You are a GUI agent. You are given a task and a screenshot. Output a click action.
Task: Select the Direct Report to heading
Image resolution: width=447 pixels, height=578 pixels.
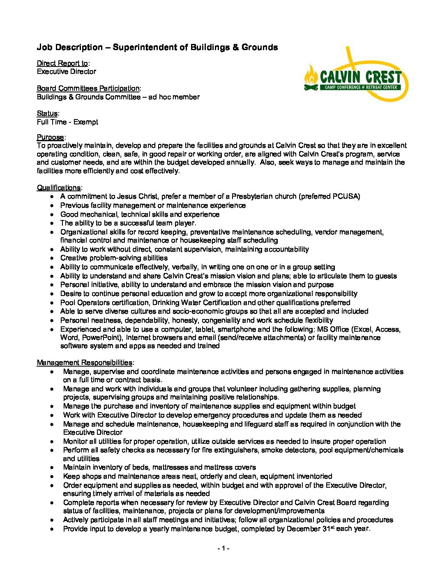pos(62,63)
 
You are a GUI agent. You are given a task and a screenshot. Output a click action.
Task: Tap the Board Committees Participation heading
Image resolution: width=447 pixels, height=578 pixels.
pos(88,88)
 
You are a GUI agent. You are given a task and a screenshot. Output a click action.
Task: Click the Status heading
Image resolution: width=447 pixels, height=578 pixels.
pos(47,113)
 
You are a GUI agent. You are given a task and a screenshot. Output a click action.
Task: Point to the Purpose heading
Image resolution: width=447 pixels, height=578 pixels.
pos(50,137)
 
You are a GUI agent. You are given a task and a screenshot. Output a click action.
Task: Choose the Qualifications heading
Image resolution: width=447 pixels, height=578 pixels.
pos(59,188)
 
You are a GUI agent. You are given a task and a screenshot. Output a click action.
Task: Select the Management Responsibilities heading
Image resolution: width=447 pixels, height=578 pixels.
pos(85,362)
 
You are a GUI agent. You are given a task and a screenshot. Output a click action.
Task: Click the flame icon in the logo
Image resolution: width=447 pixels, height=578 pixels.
pos(311,77)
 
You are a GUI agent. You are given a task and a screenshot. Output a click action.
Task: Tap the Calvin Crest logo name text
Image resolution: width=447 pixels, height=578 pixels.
pos(360,77)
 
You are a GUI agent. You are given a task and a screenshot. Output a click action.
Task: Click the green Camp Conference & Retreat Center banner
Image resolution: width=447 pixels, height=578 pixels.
pos(360,87)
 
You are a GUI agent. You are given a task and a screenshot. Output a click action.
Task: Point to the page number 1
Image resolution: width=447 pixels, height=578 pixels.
pos(223,548)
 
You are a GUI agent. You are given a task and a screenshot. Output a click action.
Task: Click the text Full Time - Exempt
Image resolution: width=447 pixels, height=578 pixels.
pos(67,122)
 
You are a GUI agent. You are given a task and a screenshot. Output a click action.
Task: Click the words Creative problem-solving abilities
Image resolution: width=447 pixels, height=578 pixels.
pos(114,258)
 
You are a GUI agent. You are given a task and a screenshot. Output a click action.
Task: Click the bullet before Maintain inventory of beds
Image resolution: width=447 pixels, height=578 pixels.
pos(52,467)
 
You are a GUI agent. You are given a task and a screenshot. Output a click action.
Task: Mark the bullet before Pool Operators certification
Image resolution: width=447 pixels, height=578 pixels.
pos(52,303)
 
